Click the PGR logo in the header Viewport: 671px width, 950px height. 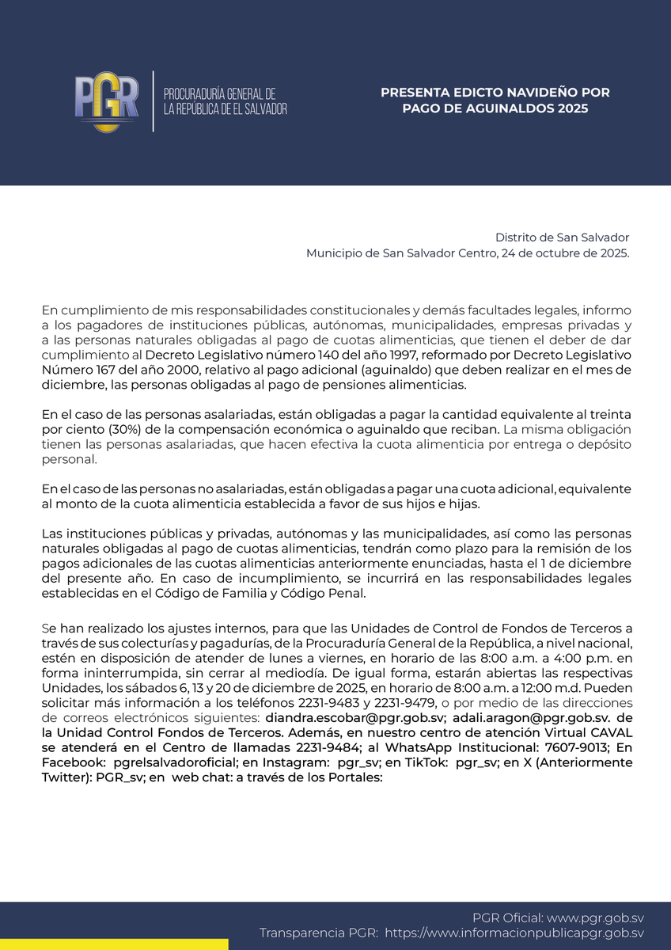coord(107,101)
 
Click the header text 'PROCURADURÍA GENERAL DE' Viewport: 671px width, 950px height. coord(219,93)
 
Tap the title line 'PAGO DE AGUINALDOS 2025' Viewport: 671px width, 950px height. coord(495,108)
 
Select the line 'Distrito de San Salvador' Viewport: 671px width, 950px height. coord(562,237)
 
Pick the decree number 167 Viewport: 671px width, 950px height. coord(100,369)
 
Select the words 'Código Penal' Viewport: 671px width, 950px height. coord(331,593)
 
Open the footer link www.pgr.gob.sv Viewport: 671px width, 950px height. coord(595,918)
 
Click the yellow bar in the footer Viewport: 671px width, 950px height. coord(114,944)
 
